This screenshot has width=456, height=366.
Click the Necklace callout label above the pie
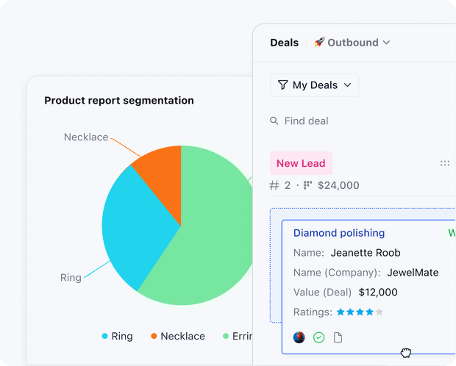point(86,137)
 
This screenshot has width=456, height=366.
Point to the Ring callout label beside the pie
point(71,278)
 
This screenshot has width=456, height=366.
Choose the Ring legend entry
point(117,336)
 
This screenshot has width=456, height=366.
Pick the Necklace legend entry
point(178,336)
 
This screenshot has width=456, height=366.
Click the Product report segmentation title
point(119,101)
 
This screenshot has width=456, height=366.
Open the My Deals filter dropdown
point(314,85)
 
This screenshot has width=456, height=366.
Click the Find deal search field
point(306,121)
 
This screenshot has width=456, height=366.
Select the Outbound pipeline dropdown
point(352,43)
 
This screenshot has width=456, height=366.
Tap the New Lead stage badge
point(301,163)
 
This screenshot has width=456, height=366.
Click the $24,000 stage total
point(338,185)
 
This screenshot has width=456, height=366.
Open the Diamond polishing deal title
point(339,233)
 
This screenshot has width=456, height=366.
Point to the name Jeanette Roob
point(366,253)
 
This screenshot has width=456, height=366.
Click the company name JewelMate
point(413,273)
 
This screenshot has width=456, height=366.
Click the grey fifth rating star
point(380,312)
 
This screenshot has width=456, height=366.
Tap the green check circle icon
point(318,337)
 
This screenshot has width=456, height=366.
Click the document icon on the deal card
point(338,337)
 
